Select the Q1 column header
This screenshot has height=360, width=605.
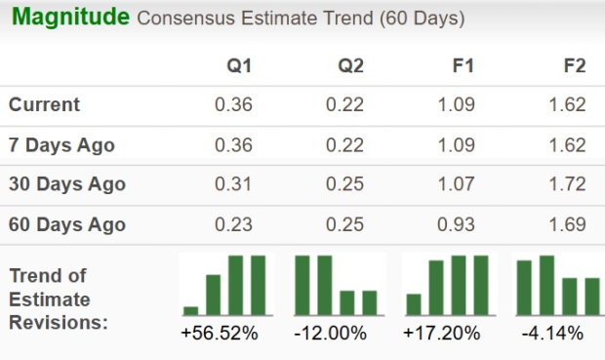pyautogui.click(x=239, y=66)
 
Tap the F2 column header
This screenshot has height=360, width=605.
pyautogui.click(x=575, y=66)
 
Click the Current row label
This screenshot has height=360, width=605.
pyautogui.click(x=45, y=104)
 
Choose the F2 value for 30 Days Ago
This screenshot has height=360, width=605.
pyautogui.click(x=570, y=183)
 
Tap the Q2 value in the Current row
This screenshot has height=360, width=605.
pyautogui.click(x=346, y=104)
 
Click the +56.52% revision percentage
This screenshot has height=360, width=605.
pyautogui.click(x=220, y=334)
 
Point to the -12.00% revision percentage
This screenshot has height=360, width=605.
pyautogui.click(x=330, y=334)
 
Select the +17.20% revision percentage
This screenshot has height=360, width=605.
pyautogui.click(x=441, y=334)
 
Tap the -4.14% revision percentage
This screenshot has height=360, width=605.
pyautogui.click(x=552, y=334)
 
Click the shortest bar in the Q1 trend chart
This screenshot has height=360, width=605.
pyautogui.click(x=190, y=311)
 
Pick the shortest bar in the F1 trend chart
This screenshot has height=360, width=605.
pyautogui.click(x=413, y=304)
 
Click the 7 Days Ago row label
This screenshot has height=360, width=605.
pyautogui.click(x=61, y=144)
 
